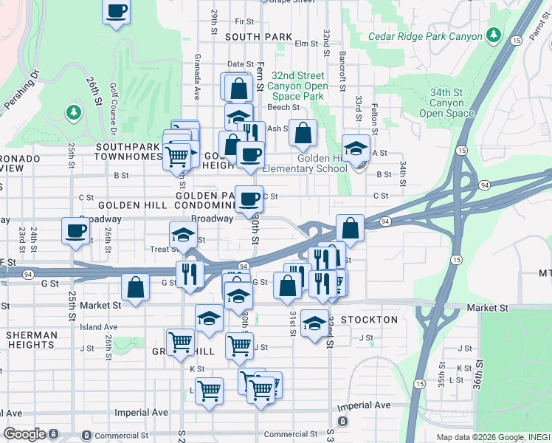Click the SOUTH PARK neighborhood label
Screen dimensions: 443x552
click(258, 36)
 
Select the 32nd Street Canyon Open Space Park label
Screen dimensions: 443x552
click(297, 86)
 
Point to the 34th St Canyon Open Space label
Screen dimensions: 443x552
click(446, 103)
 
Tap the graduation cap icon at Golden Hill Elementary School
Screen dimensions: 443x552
click(356, 148)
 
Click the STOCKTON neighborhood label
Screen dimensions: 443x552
click(370, 320)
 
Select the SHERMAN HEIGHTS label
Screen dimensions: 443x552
click(31, 340)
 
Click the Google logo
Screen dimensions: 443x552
click(24, 434)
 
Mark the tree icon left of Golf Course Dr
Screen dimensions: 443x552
click(72, 112)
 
